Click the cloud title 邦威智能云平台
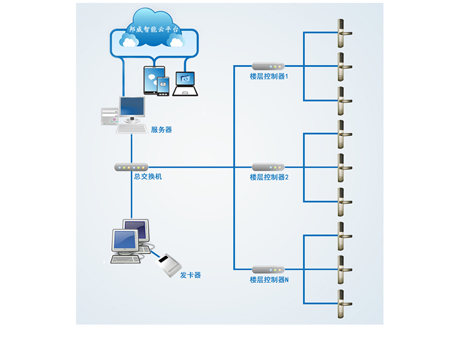[x=153, y=29]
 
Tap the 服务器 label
[x=161, y=130]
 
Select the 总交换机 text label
[x=148, y=177]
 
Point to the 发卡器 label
[x=190, y=275]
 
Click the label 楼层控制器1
[x=269, y=77]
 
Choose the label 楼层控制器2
[x=269, y=177]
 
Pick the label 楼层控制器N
[x=269, y=280]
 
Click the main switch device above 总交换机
[x=131, y=167]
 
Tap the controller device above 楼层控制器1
[x=268, y=66]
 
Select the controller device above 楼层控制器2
[x=268, y=167]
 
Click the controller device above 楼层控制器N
[x=268, y=269]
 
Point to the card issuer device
[x=169, y=266]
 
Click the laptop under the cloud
[x=185, y=83]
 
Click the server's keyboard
[x=132, y=129]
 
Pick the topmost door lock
[x=341, y=33]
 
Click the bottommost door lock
[x=341, y=304]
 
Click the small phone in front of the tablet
[x=163, y=86]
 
